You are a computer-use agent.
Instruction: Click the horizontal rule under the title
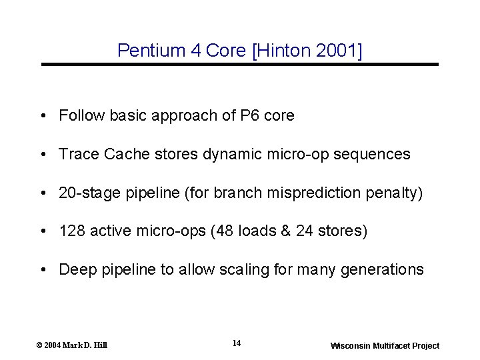240,65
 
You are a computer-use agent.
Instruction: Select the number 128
71,231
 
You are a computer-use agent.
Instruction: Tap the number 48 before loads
231,231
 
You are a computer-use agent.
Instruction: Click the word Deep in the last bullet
74,269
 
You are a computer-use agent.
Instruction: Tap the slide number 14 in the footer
237,343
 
